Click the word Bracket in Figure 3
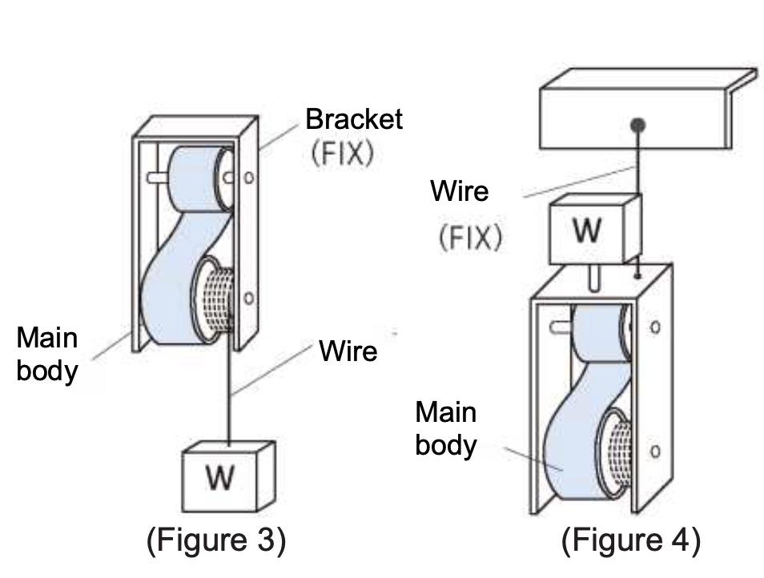354,118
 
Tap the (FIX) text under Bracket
343,153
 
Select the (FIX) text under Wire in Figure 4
470,238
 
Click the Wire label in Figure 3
348,351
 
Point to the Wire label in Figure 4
460,191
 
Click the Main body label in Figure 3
47,354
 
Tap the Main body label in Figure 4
446,428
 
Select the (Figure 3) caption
216,540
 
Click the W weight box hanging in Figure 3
228,476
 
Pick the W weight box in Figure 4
595,229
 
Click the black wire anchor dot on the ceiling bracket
637,125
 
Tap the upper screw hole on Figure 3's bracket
249,178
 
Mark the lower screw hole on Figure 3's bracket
249,298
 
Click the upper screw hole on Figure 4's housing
655,327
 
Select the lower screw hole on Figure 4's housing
655,452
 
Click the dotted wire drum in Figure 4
617,453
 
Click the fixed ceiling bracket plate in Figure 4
648,108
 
